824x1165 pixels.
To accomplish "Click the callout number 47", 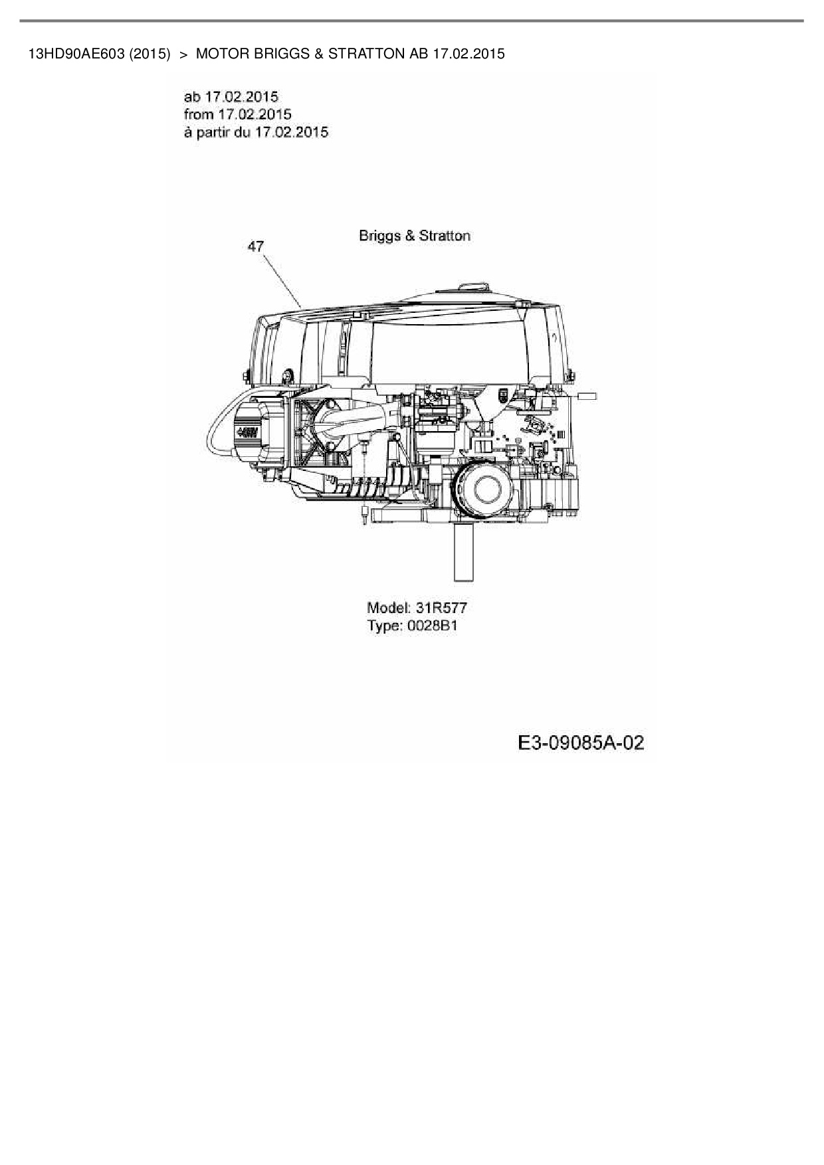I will click(x=256, y=246).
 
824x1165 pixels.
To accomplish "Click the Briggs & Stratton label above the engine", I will click(x=415, y=235).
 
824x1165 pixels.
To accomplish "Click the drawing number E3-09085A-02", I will click(x=581, y=743).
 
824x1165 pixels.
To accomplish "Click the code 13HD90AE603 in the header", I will click(x=76, y=54).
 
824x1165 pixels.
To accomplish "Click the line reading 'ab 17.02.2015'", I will click(x=231, y=97).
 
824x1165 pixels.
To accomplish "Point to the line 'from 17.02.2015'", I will click(x=237, y=114).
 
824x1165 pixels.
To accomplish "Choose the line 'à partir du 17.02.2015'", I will click(x=256, y=132).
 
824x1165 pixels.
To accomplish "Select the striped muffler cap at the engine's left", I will click(x=250, y=432).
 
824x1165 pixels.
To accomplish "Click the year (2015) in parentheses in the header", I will click(x=150, y=54).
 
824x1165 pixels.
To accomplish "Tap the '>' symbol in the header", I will click(x=183, y=54).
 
